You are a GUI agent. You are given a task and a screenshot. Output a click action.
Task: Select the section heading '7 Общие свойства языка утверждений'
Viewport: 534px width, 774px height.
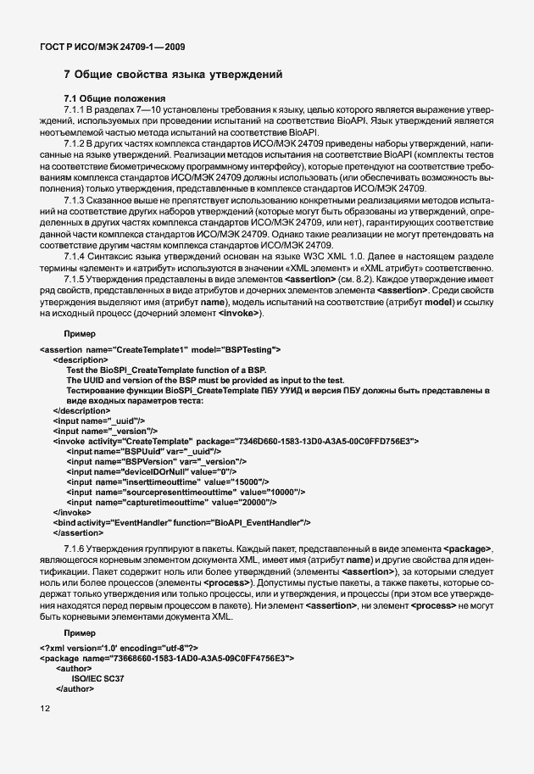click(173, 76)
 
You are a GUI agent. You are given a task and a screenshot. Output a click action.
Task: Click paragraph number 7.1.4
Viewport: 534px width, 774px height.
click(77, 255)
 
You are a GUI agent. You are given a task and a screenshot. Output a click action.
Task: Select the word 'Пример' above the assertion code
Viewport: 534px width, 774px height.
click(80, 335)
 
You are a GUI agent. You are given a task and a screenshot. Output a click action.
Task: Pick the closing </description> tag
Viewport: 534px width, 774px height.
click(81, 410)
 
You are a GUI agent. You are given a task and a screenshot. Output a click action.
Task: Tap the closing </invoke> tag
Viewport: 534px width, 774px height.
click(71, 512)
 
